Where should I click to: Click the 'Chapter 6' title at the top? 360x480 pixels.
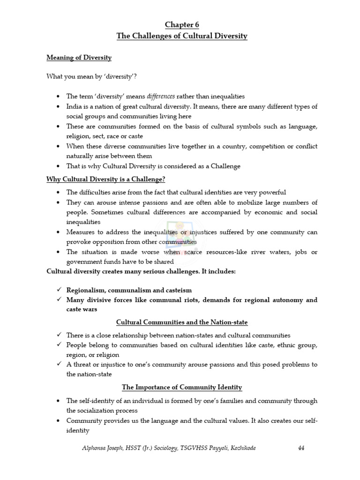(x=181, y=25)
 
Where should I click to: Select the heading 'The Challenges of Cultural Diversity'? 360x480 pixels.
(x=181, y=36)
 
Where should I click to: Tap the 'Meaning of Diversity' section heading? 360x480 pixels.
(x=79, y=58)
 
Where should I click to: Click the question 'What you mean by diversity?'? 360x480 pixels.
(x=91, y=76)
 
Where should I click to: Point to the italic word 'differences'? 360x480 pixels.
(x=161, y=96)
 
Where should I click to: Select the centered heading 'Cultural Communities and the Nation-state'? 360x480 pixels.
(x=182, y=322)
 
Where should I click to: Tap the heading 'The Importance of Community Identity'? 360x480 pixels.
(x=182, y=387)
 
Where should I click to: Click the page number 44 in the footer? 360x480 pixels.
(x=301, y=448)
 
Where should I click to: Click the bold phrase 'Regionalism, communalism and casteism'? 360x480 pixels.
(x=129, y=290)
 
